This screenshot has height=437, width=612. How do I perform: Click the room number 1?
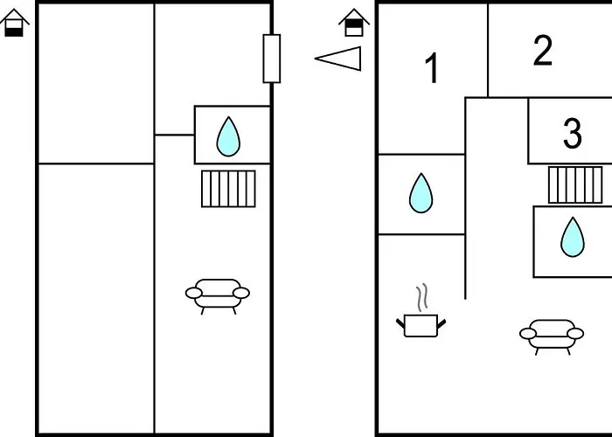click(x=432, y=69)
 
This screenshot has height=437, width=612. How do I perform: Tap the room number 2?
click(x=543, y=51)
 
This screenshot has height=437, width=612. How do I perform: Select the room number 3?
click(x=572, y=134)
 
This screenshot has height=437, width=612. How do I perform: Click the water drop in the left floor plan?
click(x=228, y=136)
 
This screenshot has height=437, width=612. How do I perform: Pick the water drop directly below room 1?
click(x=421, y=193)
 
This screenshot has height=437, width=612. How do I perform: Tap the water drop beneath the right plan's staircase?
click(x=573, y=237)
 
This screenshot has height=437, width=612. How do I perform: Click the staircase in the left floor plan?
click(x=228, y=189)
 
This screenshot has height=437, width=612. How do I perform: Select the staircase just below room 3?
click(x=575, y=185)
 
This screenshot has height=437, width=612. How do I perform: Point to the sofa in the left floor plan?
click(x=218, y=296)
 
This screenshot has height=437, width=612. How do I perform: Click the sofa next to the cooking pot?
click(x=552, y=336)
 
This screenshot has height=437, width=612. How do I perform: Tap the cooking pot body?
click(x=421, y=325)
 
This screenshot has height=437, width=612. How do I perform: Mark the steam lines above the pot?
click(x=421, y=297)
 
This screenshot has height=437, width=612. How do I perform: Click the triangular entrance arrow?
click(x=338, y=59)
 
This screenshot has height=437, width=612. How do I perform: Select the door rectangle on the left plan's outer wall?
click(x=272, y=59)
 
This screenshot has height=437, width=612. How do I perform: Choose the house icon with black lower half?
click(x=14, y=23)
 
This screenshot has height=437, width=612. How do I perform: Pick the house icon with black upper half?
click(x=354, y=23)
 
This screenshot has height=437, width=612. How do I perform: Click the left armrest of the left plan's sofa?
click(x=194, y=293)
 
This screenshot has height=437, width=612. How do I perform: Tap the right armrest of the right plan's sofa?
click(x=575, y=334)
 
